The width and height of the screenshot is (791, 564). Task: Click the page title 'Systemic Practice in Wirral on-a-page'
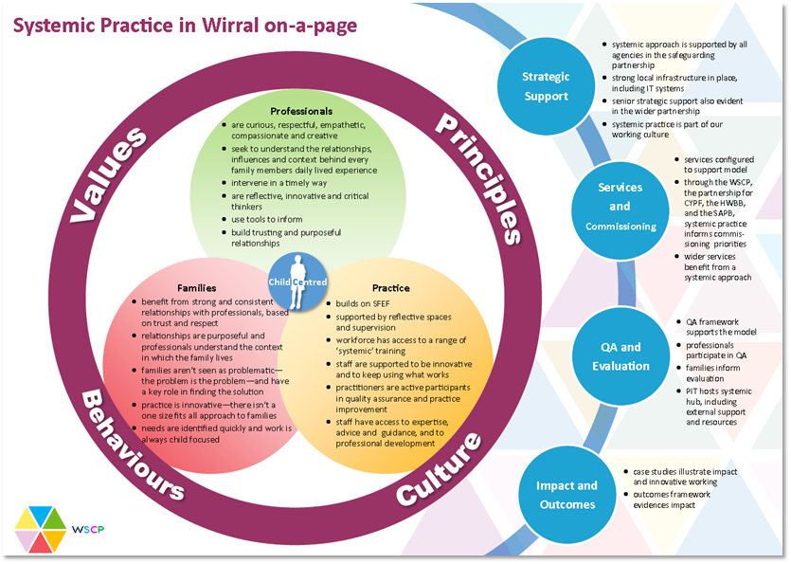coord(186,25)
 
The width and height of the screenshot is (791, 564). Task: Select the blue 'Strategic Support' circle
coord(546,86)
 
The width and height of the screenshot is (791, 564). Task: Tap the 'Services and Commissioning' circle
coord(620,207)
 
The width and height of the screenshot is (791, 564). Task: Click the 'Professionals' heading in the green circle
coord(301,111)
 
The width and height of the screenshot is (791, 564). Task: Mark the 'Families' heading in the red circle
coord(197,287)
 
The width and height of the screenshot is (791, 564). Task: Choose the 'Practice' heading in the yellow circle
coord(390,287)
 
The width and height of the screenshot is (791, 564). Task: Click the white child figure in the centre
coord(298,281)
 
